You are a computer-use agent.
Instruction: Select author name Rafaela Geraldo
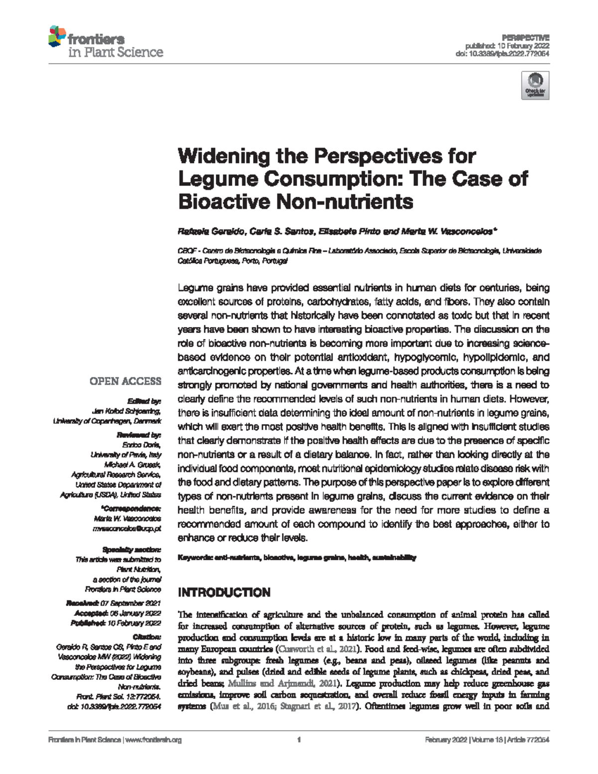click(x=211, y=232)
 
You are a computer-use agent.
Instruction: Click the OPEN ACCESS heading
click(x=125, y=381)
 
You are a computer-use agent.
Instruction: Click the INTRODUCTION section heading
click(x=224, y=593)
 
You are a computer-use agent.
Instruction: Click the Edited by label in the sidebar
click(x=144, y=401)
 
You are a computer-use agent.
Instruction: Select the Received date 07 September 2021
click(x=130, y=604)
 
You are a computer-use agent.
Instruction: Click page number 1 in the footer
click(x=299, y=740)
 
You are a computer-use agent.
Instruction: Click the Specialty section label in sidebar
click(x=132, y=550)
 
